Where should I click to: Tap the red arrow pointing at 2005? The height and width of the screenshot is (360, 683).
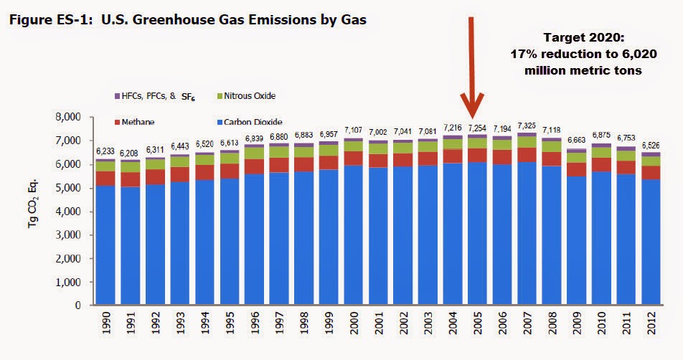click(x=471, y=67)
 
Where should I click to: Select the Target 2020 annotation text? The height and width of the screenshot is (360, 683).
click(x=583, y=54)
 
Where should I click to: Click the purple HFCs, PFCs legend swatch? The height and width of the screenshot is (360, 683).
click(x=117, y=96)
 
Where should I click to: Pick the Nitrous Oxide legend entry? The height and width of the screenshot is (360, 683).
click(x=246, y=96)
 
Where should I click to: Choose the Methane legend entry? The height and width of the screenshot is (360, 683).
click(x=134, y=123)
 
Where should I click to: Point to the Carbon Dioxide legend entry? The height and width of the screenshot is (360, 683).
click(x=250, y=123)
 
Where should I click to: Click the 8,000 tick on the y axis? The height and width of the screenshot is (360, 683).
click(x=68, y=117)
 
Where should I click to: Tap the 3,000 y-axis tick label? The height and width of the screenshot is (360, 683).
click(x=68, y=235)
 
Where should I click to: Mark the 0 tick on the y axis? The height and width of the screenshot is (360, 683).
click(x=78, y=305)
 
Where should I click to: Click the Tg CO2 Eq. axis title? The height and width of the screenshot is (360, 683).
click(x=33, y=203)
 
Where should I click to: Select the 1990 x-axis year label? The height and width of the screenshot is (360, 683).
click(x=106, y=323)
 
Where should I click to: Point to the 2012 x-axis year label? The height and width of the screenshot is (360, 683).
click(x=651, y=323)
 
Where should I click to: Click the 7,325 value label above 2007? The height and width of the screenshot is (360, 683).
click(x=527, y=125)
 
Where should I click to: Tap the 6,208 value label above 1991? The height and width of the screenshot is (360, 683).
click(x=130, y=153)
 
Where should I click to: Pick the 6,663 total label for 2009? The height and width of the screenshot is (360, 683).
click(x=576, y=140)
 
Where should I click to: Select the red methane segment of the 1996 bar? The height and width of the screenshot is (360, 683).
click(x=254, y=166)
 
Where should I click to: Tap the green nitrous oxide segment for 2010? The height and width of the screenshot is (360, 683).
click(x=601, y=152)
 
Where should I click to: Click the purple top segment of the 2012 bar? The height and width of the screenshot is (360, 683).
click(x=651, y=154)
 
